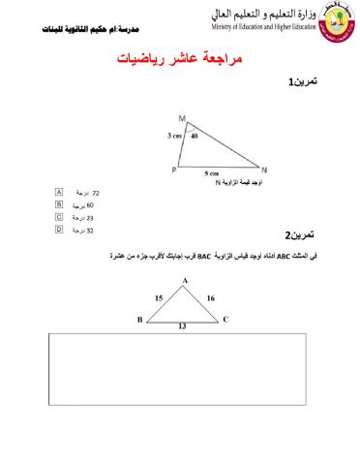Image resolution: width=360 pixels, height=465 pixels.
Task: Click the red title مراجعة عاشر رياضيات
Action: [179, 59]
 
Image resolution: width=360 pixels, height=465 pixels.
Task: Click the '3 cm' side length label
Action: [173, 137]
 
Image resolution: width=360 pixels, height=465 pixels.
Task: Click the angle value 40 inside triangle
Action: [194, 137]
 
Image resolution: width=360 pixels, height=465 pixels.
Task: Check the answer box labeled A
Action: [59, 194]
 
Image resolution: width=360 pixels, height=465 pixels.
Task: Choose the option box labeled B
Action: [59, 205]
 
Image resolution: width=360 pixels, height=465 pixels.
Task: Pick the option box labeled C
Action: [59, 218]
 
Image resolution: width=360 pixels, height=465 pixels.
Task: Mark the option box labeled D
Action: [59, 231]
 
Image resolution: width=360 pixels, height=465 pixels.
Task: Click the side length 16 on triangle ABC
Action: [210, 299]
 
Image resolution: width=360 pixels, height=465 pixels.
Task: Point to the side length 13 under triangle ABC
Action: [181, 328]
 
